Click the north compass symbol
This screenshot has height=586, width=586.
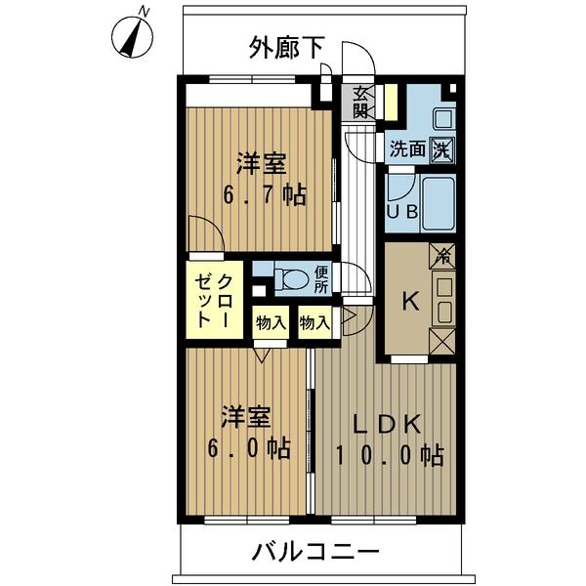click(134, 35)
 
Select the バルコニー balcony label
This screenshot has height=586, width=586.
click(315, 552)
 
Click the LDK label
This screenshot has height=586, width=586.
click(386, 425)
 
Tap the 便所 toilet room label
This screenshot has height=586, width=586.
click(322, 279)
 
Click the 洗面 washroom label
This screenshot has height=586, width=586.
click(407, 149)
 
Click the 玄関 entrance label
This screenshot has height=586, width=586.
click(361, 103)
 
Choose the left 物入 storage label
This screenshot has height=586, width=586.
click(271, 320)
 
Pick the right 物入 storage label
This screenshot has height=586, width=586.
click(314, 320)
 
